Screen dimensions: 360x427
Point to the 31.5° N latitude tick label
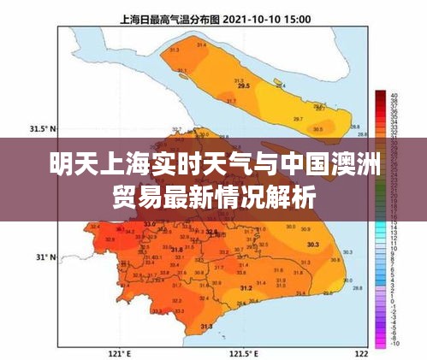tap(42, 128)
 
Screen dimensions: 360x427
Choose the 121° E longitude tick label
tap(119, 352)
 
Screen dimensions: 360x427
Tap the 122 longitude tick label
tap(361, 352)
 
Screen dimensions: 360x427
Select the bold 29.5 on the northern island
tap(244, 86)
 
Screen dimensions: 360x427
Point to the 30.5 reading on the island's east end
tap(317, 129)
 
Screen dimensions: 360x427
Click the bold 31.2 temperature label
tap(246, 288)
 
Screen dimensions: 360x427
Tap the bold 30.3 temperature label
tap(312, 245)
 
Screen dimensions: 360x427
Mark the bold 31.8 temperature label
tap(176, 250)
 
